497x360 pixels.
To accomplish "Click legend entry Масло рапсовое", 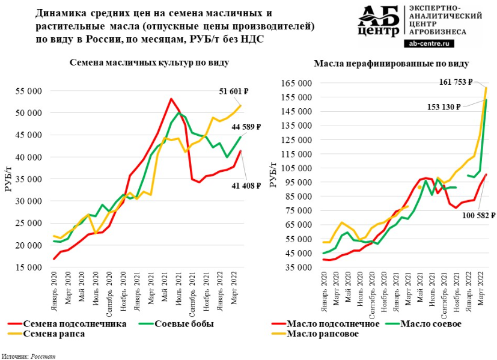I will [x=322, y=334].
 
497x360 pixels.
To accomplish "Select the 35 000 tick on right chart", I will [x=296, y=267].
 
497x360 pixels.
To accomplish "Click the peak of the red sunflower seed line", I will [x=171, y=99].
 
